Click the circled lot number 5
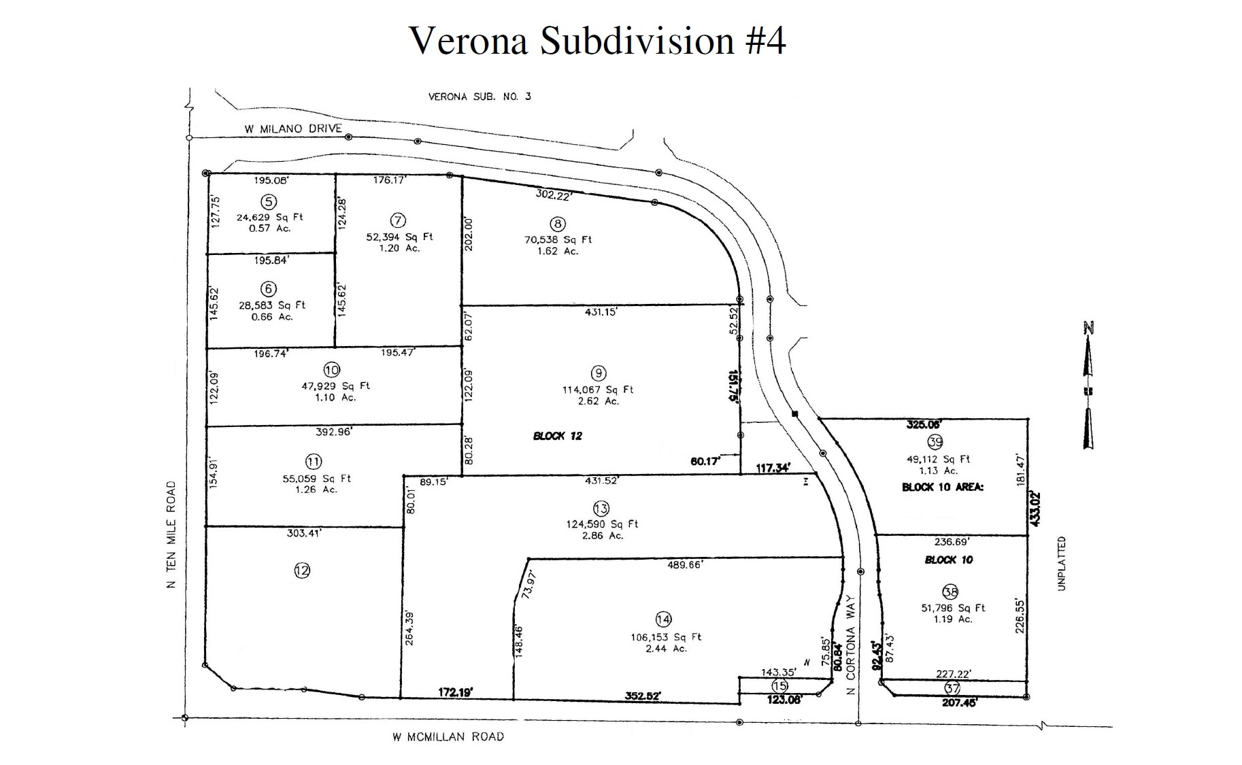(269, 201)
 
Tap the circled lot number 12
(302, 571)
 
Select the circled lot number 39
(935, 442)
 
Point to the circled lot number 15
(779, 686)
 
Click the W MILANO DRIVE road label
(293, 129)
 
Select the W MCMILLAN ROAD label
(448, 736)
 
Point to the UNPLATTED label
(1062, 563)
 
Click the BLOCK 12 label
(557, 436)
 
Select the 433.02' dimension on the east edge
(1035, 509)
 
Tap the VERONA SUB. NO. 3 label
(480, 97)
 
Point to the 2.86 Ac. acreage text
(601, 536)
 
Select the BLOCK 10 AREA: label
(942, 487)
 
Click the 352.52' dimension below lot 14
(642, 696)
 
